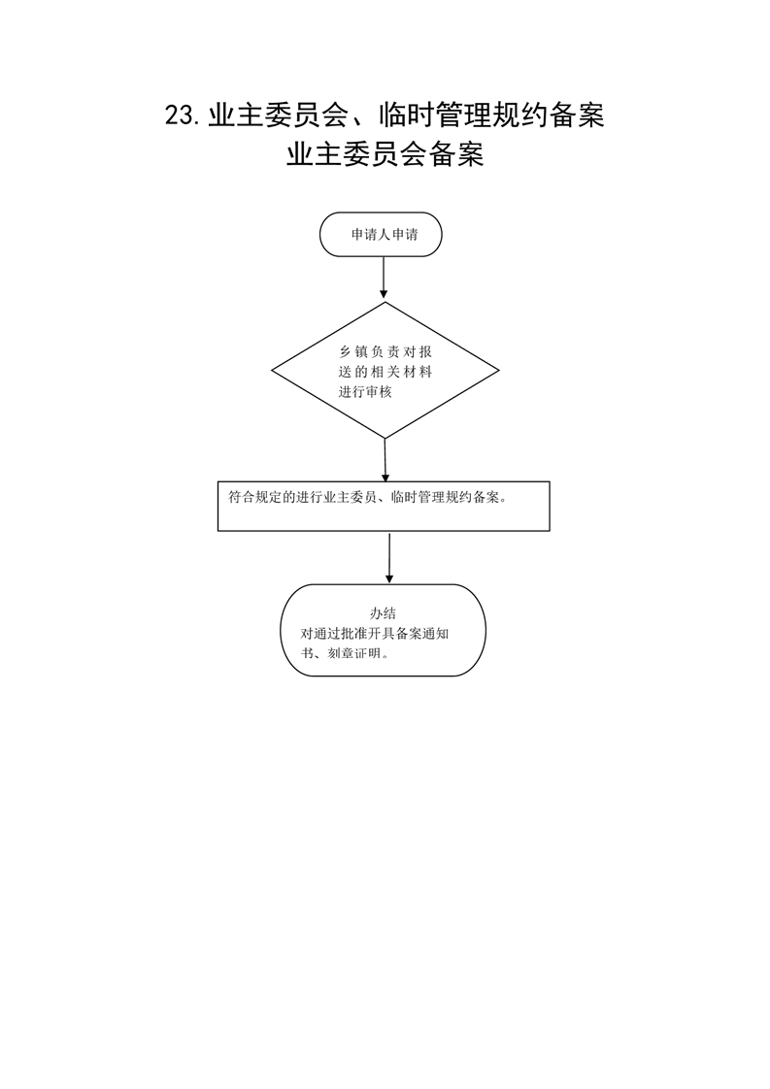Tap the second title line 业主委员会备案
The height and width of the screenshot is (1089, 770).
click(385, 154)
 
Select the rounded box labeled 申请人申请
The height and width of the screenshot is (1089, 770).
click(381, 234)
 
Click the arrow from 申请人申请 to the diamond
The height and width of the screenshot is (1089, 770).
click(383, 278)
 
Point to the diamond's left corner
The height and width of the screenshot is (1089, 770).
click(272, 370)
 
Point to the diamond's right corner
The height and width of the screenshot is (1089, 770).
click(499, 370)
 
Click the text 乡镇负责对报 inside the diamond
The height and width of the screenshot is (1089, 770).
click(385, 352)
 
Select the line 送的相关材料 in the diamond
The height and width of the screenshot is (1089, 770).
click(385, 372)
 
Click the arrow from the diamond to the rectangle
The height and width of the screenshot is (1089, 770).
click(385, 460)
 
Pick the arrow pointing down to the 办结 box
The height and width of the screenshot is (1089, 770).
click(389, 558)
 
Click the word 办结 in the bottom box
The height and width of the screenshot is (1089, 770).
click(383, 613)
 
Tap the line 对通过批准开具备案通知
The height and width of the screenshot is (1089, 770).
click(375, 634)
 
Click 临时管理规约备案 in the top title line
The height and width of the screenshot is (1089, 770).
click(491, 115)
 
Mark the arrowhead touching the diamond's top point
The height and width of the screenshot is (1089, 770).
click(383, 294)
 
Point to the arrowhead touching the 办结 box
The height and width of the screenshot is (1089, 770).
click(389, 578)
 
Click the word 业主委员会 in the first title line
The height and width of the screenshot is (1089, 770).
click(278, 115)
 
